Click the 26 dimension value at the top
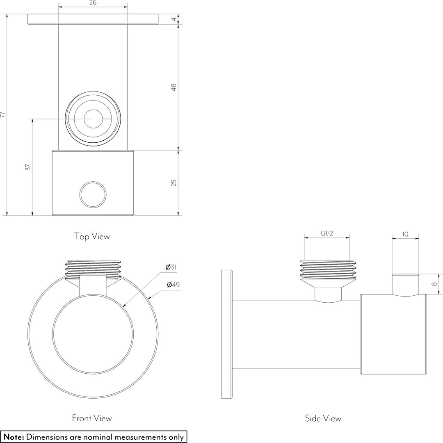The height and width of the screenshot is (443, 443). pyautogui.click(x=93, y=3)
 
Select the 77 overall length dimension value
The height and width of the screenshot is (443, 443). pyautogui.click(x=3, y=114)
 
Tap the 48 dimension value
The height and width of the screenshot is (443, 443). pyautogui.click(x=174, y=87)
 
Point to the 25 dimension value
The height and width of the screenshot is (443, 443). pyautogui.click(x=174, y=183)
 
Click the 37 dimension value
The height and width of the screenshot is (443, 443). pyautogui.click(x=28, y=167)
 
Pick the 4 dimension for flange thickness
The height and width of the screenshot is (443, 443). pyautogui.click(x=174, y=19)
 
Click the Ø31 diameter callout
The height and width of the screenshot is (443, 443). pyautogui.click(x=171, y=267)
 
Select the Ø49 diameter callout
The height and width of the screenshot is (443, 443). pyautogui.click(x=173, y=285)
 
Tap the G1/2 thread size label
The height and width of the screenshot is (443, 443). pyautogui.click(x=327, y=233)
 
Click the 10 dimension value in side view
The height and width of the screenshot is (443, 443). pyautogui.click(x=405, y=234)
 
